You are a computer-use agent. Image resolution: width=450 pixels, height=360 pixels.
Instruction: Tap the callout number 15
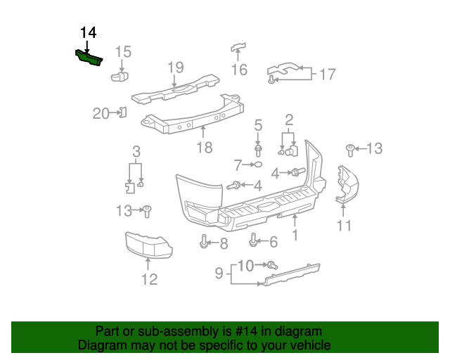click(x=123, y=51)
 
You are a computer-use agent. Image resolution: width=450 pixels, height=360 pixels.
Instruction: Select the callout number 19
click(x=175, y=67)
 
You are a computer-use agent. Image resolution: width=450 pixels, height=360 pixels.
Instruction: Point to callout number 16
click(x=240, y=70)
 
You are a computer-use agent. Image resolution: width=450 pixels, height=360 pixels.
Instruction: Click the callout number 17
click(x=328, y=74)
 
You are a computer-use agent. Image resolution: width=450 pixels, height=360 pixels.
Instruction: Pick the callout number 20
click(x=101, y=113)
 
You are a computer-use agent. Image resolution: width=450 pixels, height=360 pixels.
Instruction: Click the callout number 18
click(x=204, y=148)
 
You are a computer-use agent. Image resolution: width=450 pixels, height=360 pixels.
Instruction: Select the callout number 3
click(x=136, y=151)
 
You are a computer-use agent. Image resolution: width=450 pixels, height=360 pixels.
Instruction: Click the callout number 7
click(x=238, y=165)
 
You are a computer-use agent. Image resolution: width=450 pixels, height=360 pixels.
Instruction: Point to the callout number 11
click(x=343, y=226)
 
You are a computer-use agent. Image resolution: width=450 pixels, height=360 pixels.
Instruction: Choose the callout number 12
click(x=148, y=279)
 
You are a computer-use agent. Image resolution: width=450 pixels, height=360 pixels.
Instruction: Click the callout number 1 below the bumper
click(x=295, y=236)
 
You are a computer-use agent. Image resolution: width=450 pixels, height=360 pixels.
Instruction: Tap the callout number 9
click(x=219, y=272)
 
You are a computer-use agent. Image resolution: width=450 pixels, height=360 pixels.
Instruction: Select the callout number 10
click(x=245, y=265)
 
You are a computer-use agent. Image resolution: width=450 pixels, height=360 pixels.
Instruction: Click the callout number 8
click(x=224, y=244)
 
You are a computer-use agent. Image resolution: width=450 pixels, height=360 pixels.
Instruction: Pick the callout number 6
click(x=273, y=243)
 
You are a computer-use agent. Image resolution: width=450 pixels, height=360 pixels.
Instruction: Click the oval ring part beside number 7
click(x=258, y=165)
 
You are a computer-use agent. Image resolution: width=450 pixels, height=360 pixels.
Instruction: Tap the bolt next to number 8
click(x=204, y=243)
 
